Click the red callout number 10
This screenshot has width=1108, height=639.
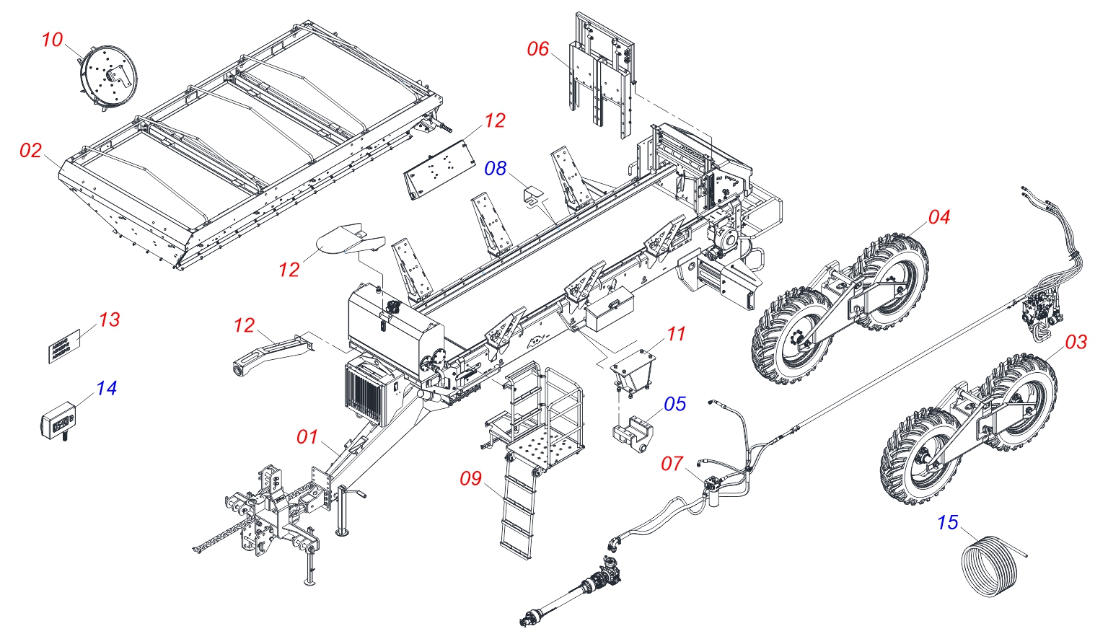coord(53,40)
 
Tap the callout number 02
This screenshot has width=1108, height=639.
coord(31,150)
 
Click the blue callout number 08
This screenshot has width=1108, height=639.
coord(496,168)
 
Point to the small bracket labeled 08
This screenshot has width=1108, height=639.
coord(534,196)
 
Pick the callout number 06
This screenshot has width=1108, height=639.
coord(538,49)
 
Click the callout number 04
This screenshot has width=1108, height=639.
coord(939,217)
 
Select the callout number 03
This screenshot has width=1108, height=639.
coord(1076,341)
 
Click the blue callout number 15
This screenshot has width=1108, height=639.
coord(948,522)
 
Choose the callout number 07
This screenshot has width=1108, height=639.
coord(672,463)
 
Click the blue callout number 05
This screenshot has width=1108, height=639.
coord(675,404)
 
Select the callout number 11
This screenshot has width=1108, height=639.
coord(676,334)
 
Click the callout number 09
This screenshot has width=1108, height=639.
coord(471,478)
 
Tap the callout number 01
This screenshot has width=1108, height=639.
coord(307,437)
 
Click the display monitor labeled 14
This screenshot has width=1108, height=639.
coord(58,422)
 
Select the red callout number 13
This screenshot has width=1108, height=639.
coord(110,319)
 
